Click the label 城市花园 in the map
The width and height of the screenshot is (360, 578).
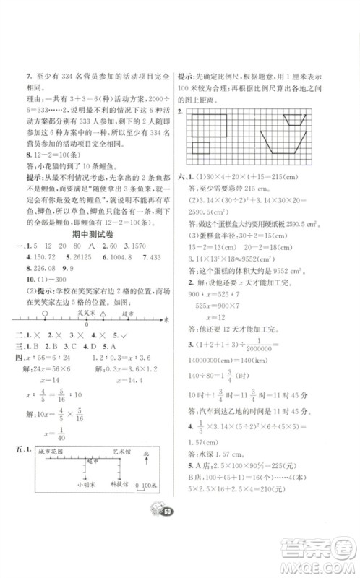tap(51, 451)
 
